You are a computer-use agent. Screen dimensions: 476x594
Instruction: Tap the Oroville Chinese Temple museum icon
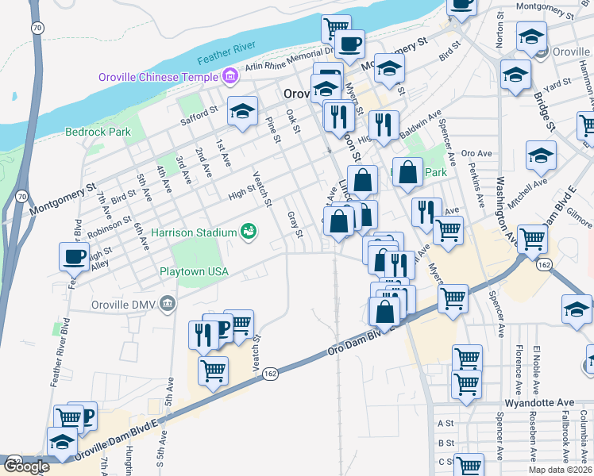(x=229, y=77)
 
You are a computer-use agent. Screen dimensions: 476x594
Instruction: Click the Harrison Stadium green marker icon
(x=249, y=232)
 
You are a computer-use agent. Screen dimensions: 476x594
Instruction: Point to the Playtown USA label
(x=194, y=271)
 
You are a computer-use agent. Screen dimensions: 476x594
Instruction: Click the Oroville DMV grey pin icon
(x=167, y=302)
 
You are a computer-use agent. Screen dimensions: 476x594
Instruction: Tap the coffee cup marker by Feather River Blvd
(x=75, y=257)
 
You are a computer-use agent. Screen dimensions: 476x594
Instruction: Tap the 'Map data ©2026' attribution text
(x=561, y=470)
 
